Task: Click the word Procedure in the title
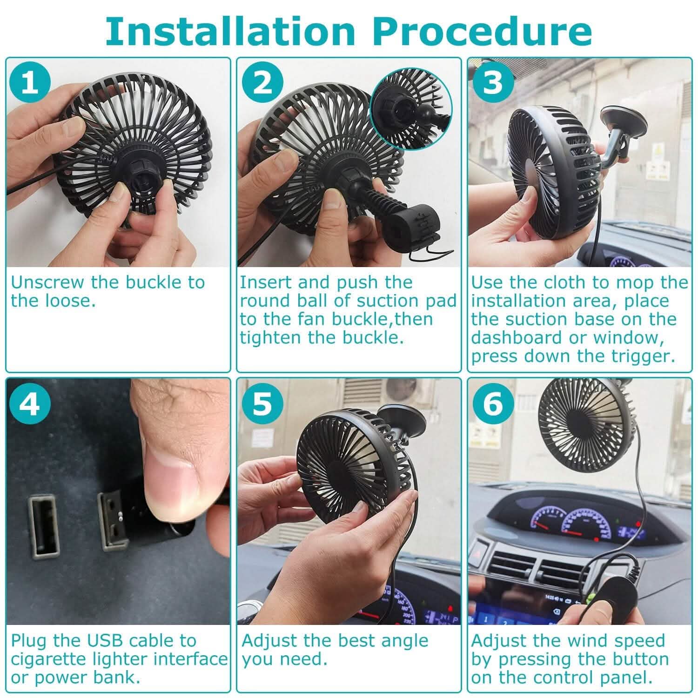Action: (482, 31)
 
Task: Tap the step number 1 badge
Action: (30, 82)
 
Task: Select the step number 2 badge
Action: (262, 82)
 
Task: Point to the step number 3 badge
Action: (493, 82)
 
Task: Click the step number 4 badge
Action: (30, 403)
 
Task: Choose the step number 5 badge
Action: (262, 403)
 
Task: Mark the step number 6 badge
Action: (493, 403)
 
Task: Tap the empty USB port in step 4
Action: (43, 527)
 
